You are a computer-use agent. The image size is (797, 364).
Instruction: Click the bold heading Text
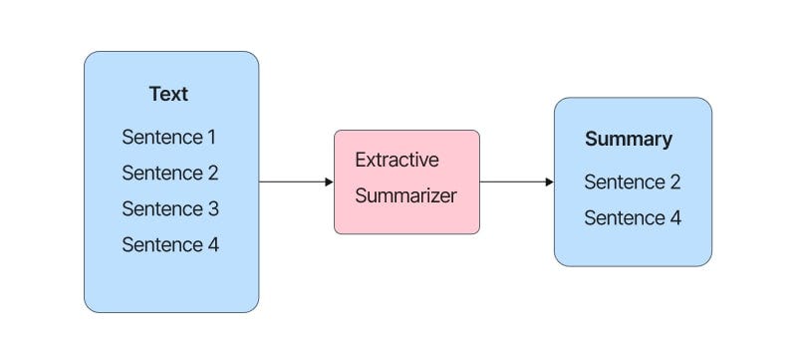[x=168, y=95]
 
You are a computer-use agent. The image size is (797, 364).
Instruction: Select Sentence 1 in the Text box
[x=169, y=137]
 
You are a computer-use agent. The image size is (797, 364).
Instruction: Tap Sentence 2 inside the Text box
[x=169, y=173]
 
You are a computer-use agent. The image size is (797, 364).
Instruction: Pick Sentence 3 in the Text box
[x=169, y=208]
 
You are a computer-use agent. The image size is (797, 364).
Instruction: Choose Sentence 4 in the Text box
[x=169, y=244]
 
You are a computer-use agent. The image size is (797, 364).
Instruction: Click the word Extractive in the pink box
[x=397, y=160]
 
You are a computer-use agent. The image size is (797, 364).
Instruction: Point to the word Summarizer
[x=405, y=195]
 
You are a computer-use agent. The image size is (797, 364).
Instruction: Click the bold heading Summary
[x=628, y=140]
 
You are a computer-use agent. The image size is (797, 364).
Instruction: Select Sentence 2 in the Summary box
[x=632, y=182]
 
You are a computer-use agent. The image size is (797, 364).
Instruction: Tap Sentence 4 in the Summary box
[x=632, y=217]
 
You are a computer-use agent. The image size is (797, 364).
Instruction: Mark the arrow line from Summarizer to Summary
[x=512, y=182]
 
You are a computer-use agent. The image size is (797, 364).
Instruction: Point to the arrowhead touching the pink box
[x=329, y=182]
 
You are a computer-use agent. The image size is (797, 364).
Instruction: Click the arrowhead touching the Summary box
[x=549, y=182]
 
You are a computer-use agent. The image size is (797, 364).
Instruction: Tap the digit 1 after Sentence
[x=211, y=137]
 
